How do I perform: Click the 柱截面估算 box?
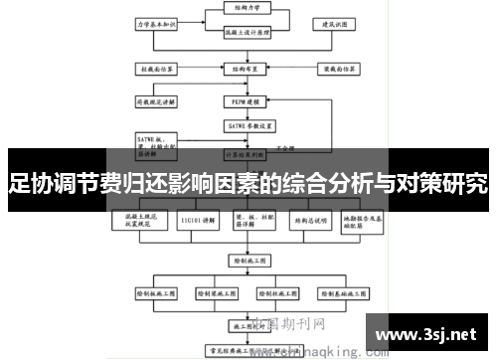(156, 70)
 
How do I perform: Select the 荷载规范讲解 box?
(156, 100)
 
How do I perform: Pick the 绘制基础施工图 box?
(341, 295)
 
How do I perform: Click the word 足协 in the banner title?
(29, 183)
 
